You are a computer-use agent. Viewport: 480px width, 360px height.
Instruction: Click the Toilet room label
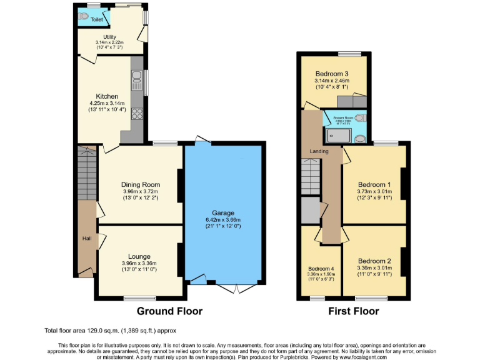[x=96, y=20]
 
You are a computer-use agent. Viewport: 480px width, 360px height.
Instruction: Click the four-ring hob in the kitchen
[x=137, y=114]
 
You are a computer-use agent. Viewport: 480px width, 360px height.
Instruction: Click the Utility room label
[x=101, y=37]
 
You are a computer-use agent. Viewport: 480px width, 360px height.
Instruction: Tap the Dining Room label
[x=141, y=184]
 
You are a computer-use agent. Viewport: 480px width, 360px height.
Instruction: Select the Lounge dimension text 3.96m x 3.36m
[x=141, y=264]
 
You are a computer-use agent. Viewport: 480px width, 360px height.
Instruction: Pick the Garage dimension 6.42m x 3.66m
[x=223, y=219]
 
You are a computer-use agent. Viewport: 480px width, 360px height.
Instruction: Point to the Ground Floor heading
[x=169, y=311]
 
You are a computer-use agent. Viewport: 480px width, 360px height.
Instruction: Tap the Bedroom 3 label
[x=331, y=74]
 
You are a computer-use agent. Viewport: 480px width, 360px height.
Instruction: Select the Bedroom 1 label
[x=374, y=184]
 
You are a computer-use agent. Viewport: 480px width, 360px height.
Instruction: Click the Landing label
[x=311, y=152]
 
